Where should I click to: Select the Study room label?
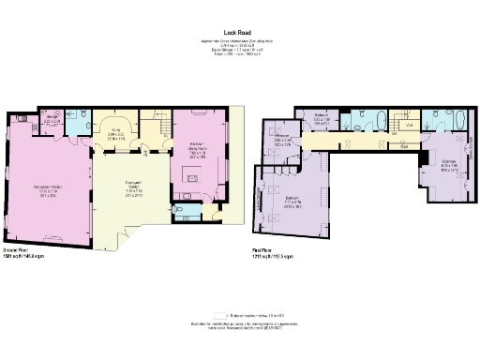coord(117,134)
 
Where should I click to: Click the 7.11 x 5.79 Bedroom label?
coord(292,203)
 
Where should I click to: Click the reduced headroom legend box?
coord(220,317)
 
